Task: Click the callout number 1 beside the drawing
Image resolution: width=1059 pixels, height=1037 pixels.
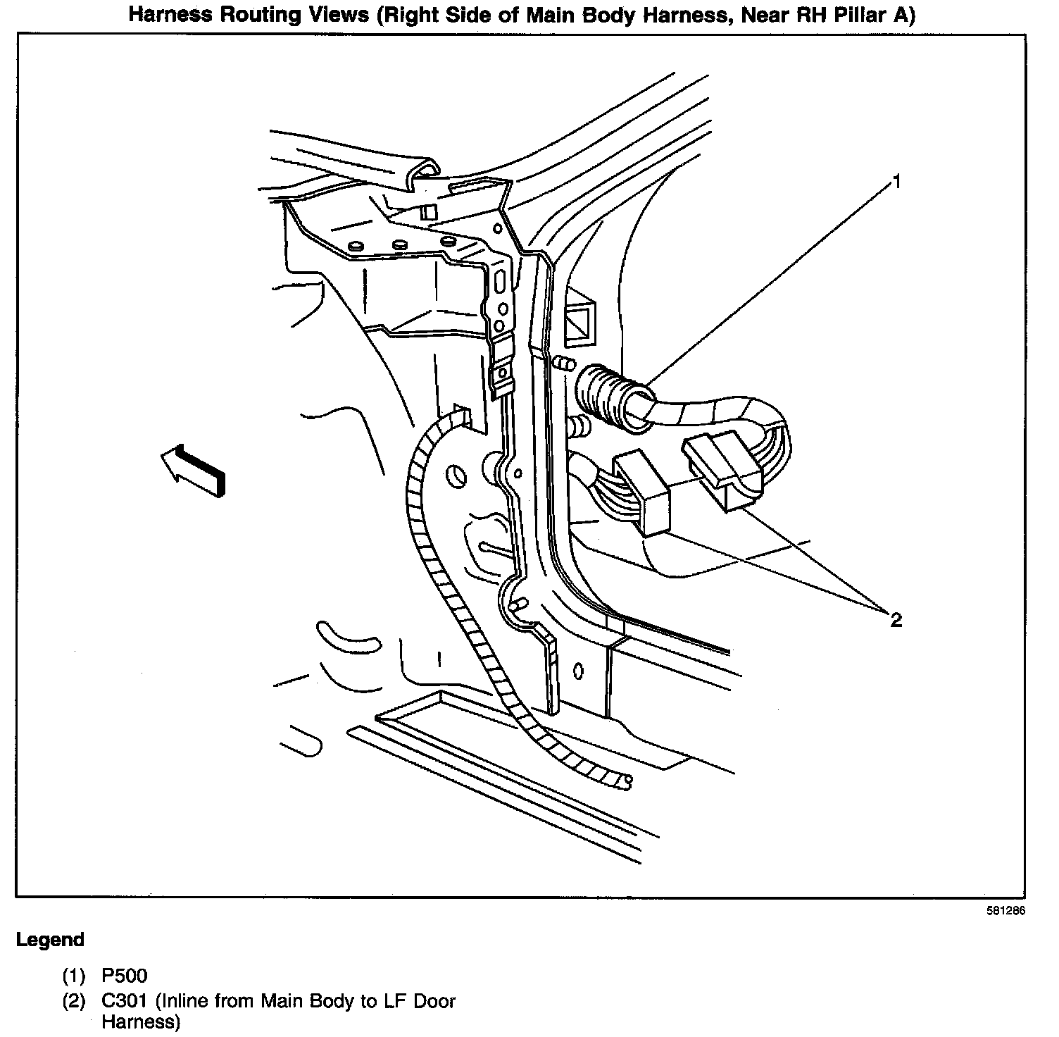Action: point(896,182)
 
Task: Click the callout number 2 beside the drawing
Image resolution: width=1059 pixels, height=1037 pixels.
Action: point(896,620)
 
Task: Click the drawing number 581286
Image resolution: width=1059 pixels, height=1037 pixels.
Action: point(1005,910)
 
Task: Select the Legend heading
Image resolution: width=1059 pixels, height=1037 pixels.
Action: point(50,940)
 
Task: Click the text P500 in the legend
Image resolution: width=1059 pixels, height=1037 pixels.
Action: point(125,976)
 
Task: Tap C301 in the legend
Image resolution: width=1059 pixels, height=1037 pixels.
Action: point(125,1000)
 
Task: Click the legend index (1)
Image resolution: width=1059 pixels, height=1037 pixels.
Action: point(74,976)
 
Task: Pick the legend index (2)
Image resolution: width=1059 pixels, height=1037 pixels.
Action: point(74,1000)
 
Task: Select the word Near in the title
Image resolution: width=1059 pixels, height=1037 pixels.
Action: point(761,16)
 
